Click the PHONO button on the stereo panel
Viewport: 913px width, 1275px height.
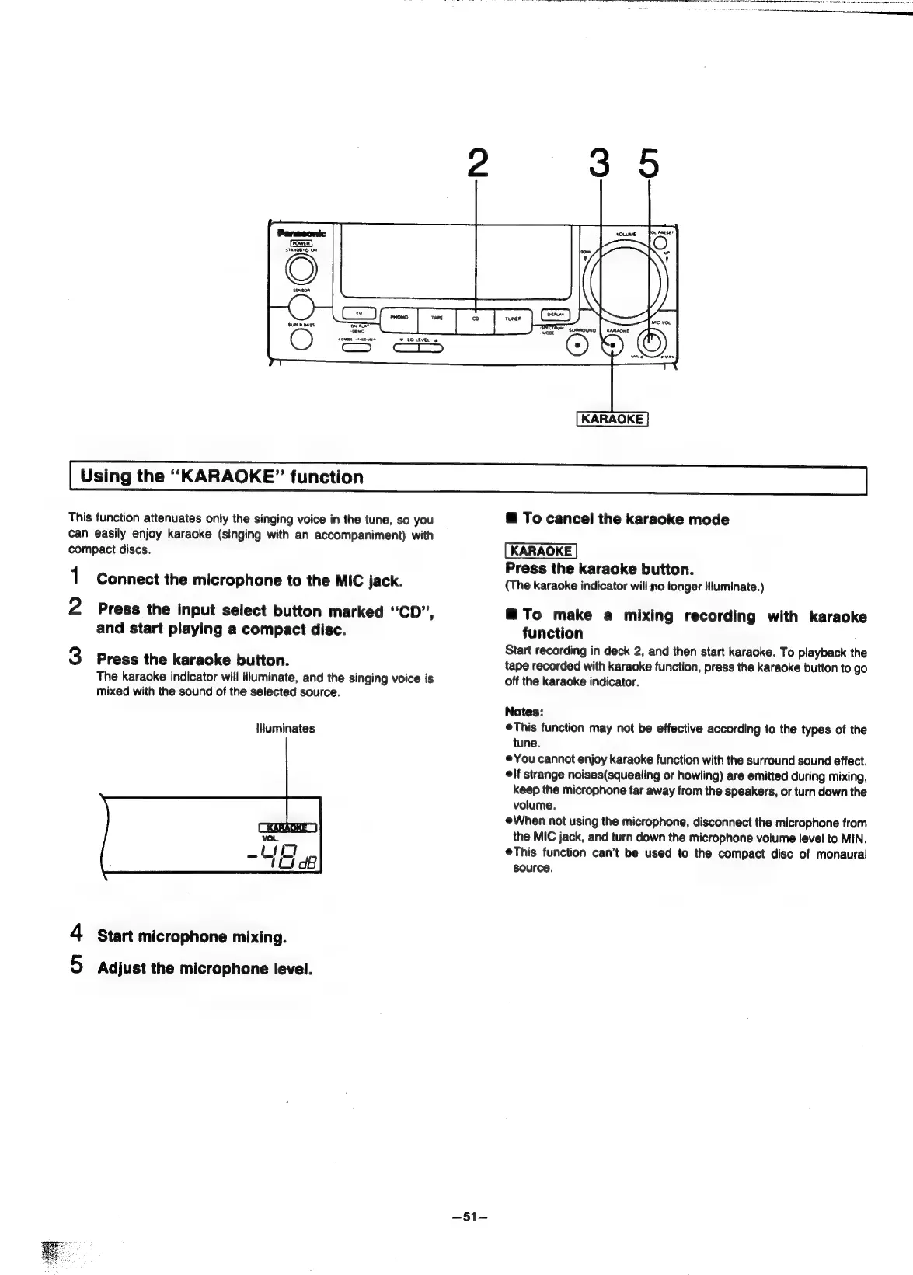pyautogui.click(x=399, y=318)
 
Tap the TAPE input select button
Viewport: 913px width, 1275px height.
pyautogui.click(x=436, y=318)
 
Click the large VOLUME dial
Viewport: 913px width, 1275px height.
pyautogui.click(x=626, y=278)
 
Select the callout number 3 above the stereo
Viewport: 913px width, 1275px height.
pyautogui.click(x=598, y=163)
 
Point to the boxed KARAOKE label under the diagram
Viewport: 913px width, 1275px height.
pyautogui.click(x=612, y=420)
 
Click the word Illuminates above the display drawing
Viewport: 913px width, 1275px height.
pyautogui.click(x=285, y=729)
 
